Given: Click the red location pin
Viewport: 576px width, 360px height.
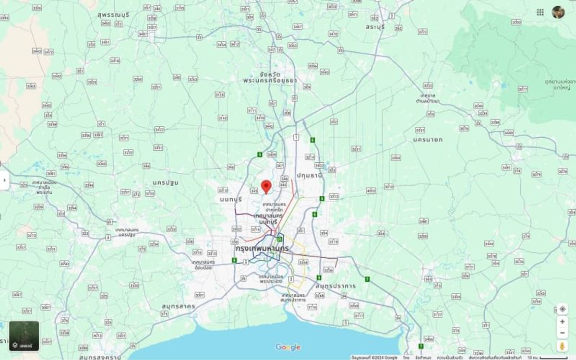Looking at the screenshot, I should coord(266,186).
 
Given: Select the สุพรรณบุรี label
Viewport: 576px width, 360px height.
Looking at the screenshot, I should coord(113,15).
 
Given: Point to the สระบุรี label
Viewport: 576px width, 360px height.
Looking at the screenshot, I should coord(375,27).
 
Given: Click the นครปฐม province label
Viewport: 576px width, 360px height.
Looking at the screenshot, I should coord(165,182).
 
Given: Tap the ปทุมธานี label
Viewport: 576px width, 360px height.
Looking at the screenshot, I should coord(309,175).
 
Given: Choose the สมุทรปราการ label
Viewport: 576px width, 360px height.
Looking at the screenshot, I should coord(336,286).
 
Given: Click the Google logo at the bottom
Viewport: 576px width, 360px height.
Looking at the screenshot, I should coord(288,347).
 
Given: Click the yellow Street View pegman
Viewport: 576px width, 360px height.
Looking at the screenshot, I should coord(563,346).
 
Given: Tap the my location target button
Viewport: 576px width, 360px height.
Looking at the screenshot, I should coord(563,309).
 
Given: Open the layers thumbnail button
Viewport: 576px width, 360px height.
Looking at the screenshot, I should coord(24,336).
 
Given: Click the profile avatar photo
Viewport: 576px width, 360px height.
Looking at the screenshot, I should coord(558,12).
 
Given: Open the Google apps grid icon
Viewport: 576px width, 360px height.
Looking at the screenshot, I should coord(540,12).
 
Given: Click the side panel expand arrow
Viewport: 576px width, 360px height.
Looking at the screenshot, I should coord(4,180).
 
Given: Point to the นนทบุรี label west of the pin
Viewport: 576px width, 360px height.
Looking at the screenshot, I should coord(231,199).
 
